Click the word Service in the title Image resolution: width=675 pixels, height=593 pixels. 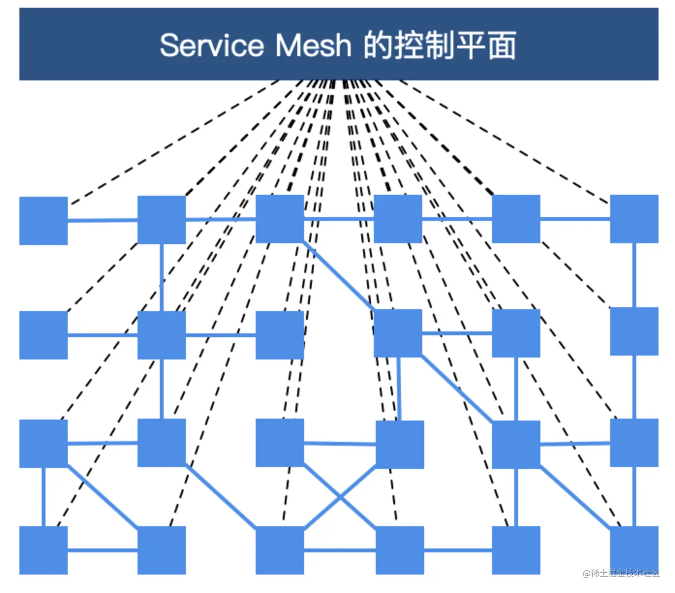[x=212, y=46]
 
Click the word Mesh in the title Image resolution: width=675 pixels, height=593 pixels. [x=313, y=46]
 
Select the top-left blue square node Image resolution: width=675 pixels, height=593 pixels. [x=44, y=220]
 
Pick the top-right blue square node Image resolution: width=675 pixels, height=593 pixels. [x=634, y=219]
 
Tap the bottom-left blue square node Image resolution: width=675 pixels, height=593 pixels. [x=44, y=550]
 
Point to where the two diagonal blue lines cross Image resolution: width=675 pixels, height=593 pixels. [x=339, y=497]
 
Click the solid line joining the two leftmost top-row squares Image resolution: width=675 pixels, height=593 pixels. [x=103, y=220]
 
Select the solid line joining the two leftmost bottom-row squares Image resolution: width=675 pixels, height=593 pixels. [x=103, y=550]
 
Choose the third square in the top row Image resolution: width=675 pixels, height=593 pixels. [x=280, y=219]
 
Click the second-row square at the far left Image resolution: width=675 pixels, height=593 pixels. [x=44, y=335]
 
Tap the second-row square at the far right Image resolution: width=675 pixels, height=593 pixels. [x=634, y=331]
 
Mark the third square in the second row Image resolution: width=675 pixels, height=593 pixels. [x=280, y=335]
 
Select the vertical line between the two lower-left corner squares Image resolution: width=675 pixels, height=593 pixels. [x=44, y=497]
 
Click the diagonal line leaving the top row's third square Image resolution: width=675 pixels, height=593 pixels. [x=339, y=276]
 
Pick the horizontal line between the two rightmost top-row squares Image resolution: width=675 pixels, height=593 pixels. [x=575, y=219]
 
